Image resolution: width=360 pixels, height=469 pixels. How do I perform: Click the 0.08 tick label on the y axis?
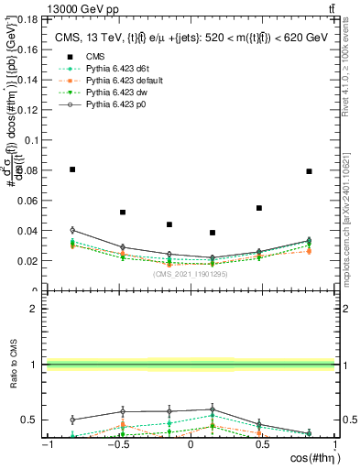(x=29, y=170)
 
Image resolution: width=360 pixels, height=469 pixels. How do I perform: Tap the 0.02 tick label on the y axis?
(x=29, y=261)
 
